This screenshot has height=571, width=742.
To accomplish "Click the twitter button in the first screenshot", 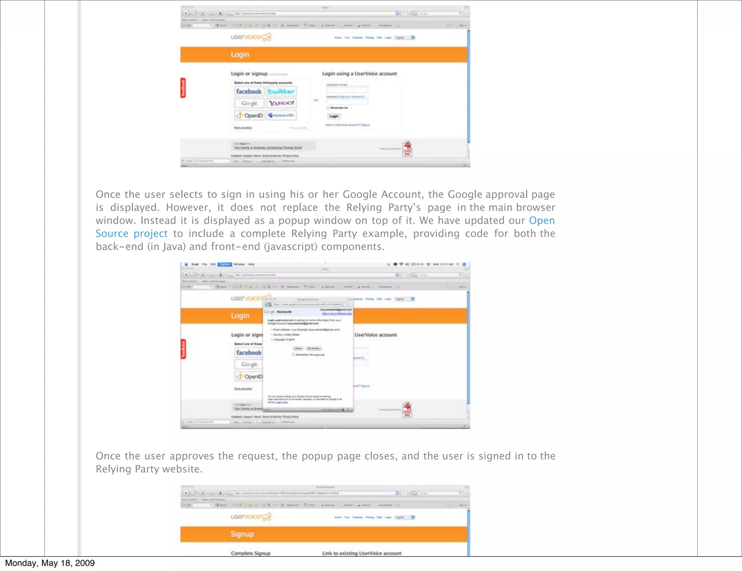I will [x=281, y=91].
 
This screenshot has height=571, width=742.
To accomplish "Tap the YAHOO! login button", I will [x=282, y=103].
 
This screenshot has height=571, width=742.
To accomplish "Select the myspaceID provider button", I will [x=282, y=115].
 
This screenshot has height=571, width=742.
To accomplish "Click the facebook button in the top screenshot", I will [x=249, y=91].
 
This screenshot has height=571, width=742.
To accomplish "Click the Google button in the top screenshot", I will [x=249, y=103].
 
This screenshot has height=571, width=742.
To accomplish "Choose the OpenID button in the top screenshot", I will [x=249, y=115].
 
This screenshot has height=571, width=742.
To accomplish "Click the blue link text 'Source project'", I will [x=132, y=234].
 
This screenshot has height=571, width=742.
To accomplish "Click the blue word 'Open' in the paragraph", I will [x=542, y=221].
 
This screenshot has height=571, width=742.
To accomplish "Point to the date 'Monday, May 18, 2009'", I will [x=50, y=563].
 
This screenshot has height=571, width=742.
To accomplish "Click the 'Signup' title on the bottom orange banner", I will [x=242, y=534].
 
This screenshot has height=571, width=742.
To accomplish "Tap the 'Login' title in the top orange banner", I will [x=240, y=54].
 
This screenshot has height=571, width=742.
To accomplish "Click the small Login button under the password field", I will [x=334, y=116].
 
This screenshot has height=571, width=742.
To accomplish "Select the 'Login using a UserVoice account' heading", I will [x=359, y=74].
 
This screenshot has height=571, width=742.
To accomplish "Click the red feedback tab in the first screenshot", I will [x=183, y=88].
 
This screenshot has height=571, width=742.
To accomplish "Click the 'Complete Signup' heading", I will [x=250, y=553].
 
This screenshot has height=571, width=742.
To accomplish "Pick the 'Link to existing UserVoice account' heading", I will [x=362, y=553].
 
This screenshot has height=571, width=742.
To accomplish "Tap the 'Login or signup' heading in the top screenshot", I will [x=249, y=74].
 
